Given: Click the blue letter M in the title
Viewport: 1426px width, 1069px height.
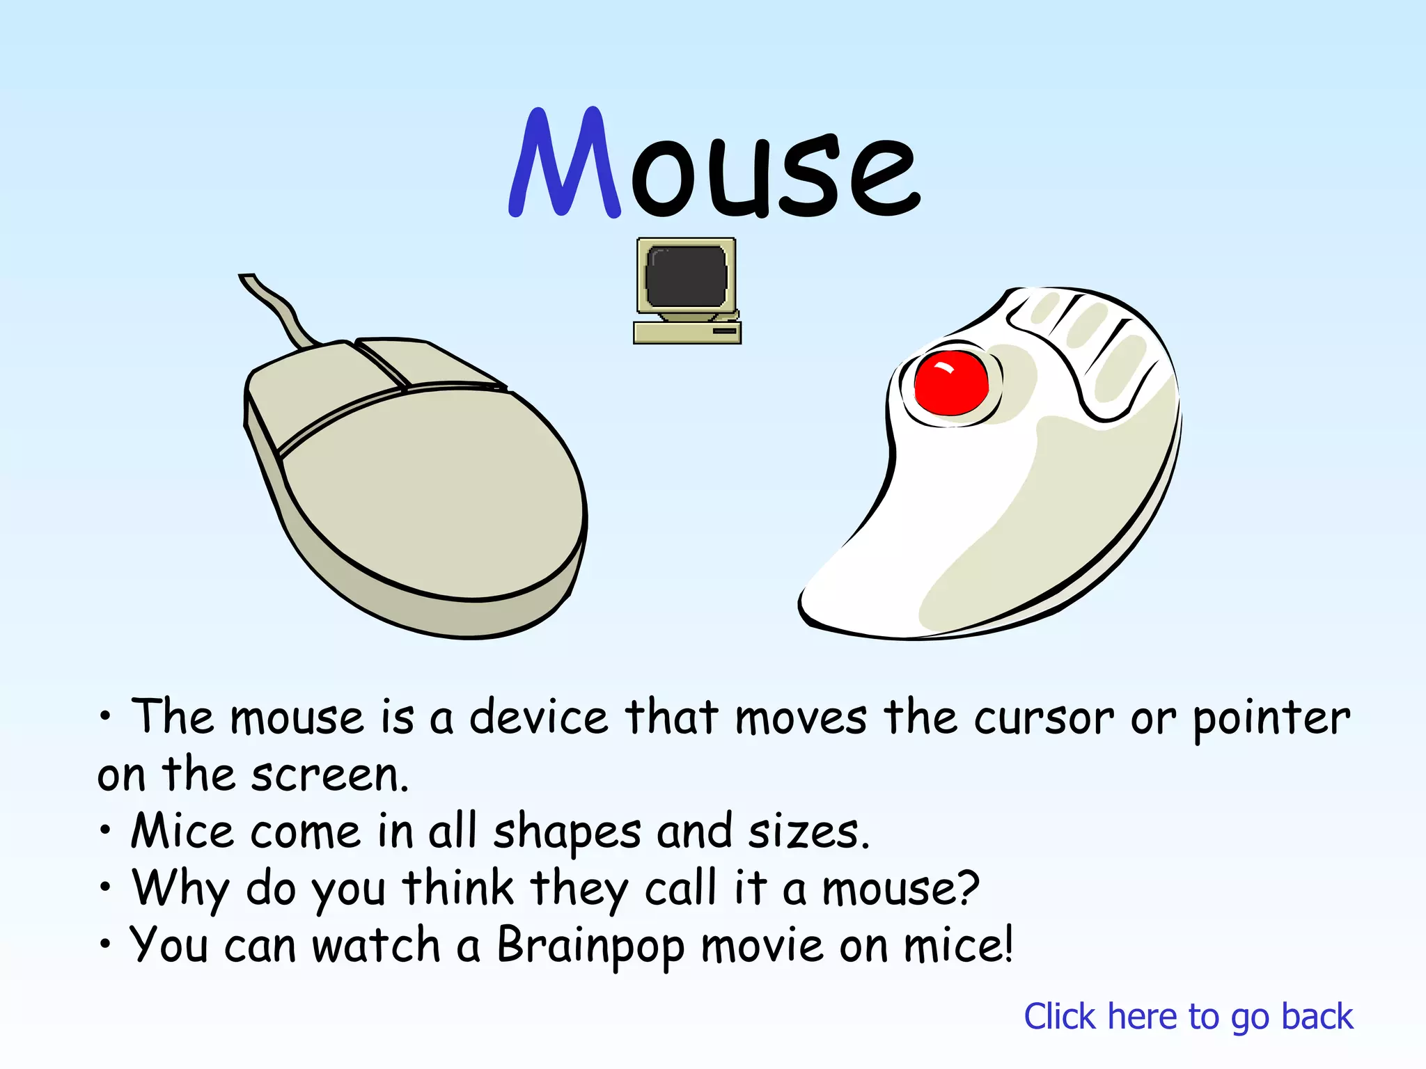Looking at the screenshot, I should (x=564, y=164).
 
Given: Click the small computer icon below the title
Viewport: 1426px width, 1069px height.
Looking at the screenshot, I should (x=687, y=291).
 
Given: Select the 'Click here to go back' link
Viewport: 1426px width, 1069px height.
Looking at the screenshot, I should (x=1188, y=1017).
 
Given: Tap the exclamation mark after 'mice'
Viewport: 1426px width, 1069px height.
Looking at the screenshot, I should (x=1005, y=944).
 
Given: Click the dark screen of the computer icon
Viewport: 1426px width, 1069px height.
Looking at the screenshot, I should (x=686, y=277).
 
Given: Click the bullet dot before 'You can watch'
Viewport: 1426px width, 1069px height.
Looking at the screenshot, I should (x=104, y=944).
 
